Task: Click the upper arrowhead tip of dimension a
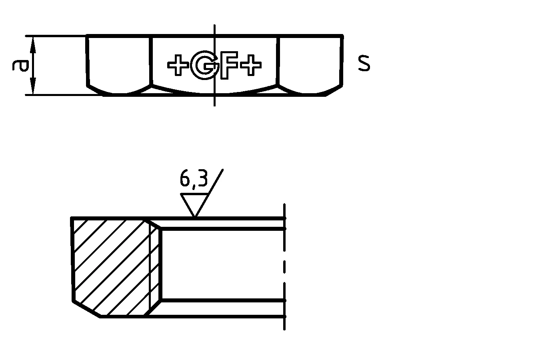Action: tap(33, 36)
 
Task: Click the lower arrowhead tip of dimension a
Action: tap(33, 95)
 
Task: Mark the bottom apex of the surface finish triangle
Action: tap(195, 217)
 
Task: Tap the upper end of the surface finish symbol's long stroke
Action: tap(223, 170)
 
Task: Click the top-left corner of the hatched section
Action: tap(72, 218)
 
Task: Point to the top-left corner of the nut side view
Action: tap(86, 36)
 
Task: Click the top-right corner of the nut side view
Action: tap(343, 36)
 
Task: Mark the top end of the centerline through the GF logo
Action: tap(214, 25)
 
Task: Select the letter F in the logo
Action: tap(229, 65)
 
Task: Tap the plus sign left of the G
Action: tap(178, 65)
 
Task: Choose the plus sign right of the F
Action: tap(250, 65)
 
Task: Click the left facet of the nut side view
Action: tap(119, 65)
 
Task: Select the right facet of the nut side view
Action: tap(310, 65)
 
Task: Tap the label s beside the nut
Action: tap(364, 63)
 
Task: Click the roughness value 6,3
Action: tap(194, 179)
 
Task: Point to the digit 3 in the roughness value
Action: tap(202, 178)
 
